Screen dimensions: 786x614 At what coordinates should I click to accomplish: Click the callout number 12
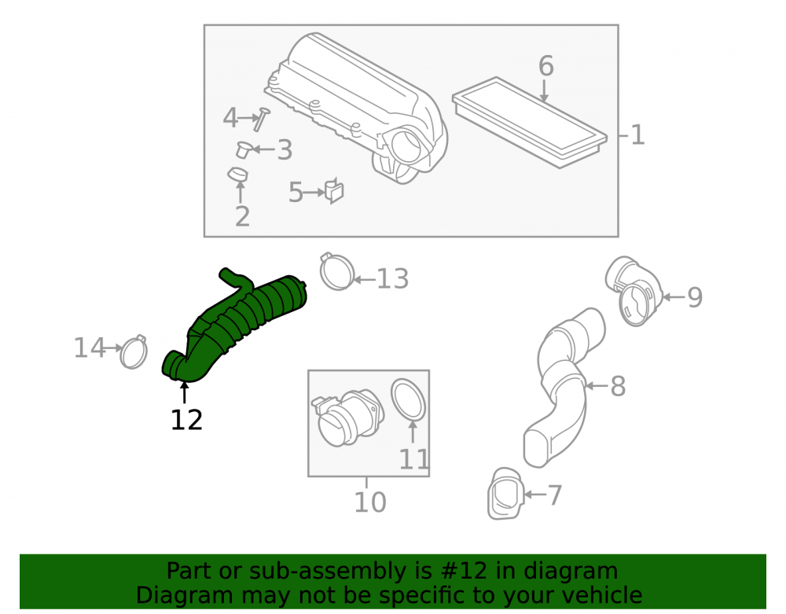pos(186,420)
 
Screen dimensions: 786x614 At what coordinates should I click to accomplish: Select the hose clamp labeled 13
pos(336,272)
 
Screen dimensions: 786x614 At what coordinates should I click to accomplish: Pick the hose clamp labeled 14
pos(134,352)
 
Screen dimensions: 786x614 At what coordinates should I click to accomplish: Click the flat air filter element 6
pos(530,123)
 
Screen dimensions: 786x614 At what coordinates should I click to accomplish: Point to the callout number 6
pos(546,66)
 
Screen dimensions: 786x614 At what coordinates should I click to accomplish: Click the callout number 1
pos(637,135)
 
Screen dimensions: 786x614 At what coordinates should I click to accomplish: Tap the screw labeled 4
pos(261,119)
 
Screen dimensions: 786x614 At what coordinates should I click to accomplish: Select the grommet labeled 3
pos(243,149)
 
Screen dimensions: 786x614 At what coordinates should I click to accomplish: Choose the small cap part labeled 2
pos(237,175)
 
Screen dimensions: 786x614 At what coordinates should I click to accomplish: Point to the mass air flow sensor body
pos(347,418)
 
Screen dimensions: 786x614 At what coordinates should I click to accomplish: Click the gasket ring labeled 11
pos(409,400)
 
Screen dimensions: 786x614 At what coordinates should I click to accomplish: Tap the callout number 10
pos(370,502)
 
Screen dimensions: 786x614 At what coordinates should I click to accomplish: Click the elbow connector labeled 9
pos(634,291)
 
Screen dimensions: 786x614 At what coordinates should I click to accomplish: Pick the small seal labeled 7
pos(505,495)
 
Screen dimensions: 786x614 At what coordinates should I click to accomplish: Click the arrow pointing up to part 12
pos(185,392)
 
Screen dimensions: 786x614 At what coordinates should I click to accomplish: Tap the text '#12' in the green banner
pos(463,571)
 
